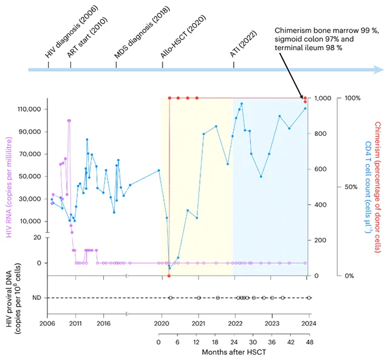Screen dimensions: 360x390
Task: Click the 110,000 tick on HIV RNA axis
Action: point(29,109)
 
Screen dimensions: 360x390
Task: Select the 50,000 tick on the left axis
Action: point(31,177)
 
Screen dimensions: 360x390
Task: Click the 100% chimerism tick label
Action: point(353,98)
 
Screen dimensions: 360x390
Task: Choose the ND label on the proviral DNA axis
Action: point(36,297)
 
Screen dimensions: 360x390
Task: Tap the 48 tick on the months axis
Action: point(309,342)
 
